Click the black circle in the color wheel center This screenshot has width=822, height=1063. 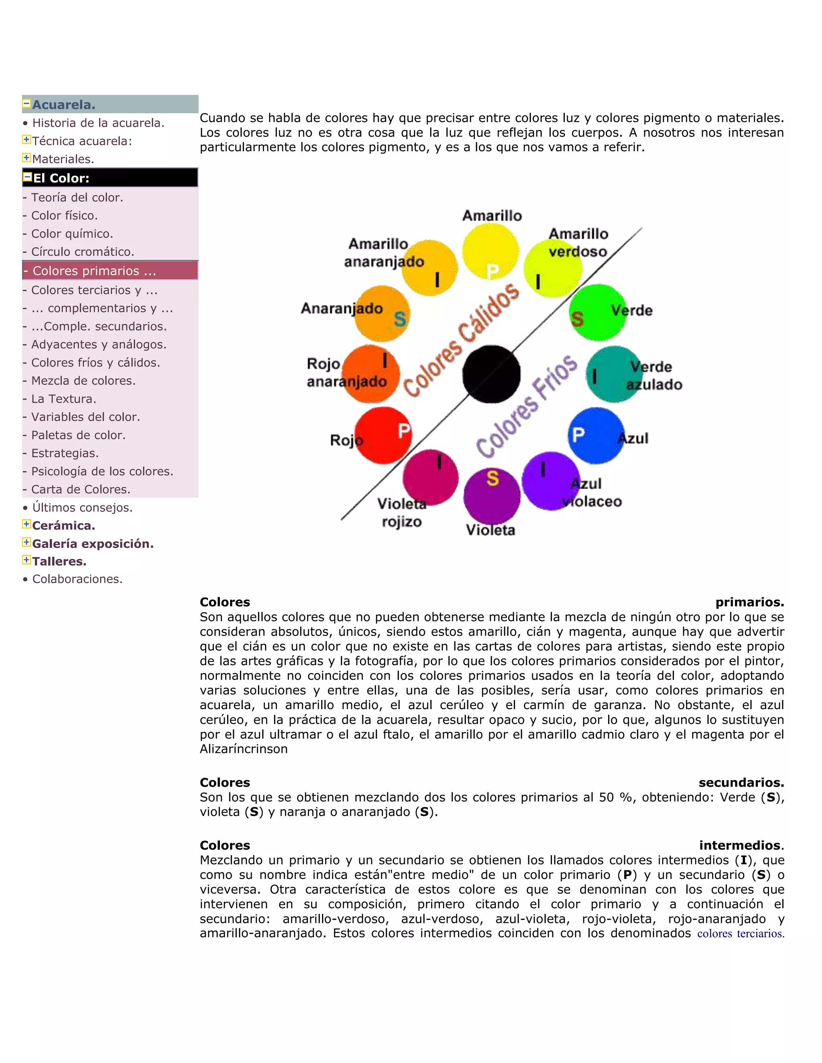tap(491, 374)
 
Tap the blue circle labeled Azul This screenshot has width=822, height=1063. tap(596, 436)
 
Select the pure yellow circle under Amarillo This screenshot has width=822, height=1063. tap(490, 252)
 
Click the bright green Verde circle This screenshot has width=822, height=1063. tap(598, 312)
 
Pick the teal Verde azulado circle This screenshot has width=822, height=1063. tap(614, 374)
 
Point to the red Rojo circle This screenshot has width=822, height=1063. tap(383, 435)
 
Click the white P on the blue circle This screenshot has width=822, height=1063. tap(578, 434)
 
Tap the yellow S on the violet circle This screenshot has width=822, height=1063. tap(492, 479)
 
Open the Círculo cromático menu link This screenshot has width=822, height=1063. tap(82, 252)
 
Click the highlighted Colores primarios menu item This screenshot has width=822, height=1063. tap(94, 271)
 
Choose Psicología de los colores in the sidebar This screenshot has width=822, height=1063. tap(102, 471)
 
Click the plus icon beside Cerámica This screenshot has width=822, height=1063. tap(26, 524)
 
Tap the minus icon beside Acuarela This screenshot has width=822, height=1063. tap(26, 103)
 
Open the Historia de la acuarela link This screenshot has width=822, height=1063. tap(98, 123)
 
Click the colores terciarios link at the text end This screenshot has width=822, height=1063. tap(740, 933)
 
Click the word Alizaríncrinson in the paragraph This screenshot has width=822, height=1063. tap(244, 749)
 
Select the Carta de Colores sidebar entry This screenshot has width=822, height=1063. tap(80, 489)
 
